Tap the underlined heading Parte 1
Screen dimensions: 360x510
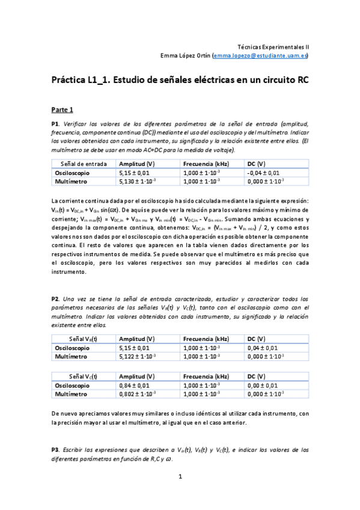62,109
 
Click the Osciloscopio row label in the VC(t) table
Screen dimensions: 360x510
73,386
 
